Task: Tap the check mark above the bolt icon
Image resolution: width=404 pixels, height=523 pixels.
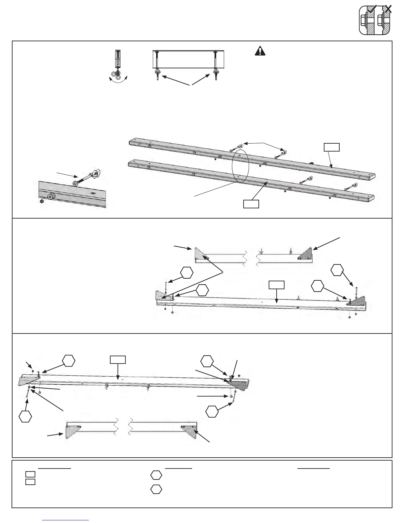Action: tap(372, 9)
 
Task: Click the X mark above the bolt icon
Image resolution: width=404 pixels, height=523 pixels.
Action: tap(388, 9)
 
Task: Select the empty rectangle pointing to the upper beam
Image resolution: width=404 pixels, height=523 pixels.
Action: tap(331, 147)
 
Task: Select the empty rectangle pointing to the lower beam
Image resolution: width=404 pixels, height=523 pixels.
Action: tap(251, 204)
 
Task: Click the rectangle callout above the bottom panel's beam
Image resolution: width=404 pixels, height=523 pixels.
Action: tap(118, 359)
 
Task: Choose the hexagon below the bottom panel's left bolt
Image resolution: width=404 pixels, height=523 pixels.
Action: tap(25, 416)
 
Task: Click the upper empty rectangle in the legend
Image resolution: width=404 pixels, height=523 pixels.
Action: tap(30, 474)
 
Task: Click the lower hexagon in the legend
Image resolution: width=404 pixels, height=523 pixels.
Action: tap(156, 489)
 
